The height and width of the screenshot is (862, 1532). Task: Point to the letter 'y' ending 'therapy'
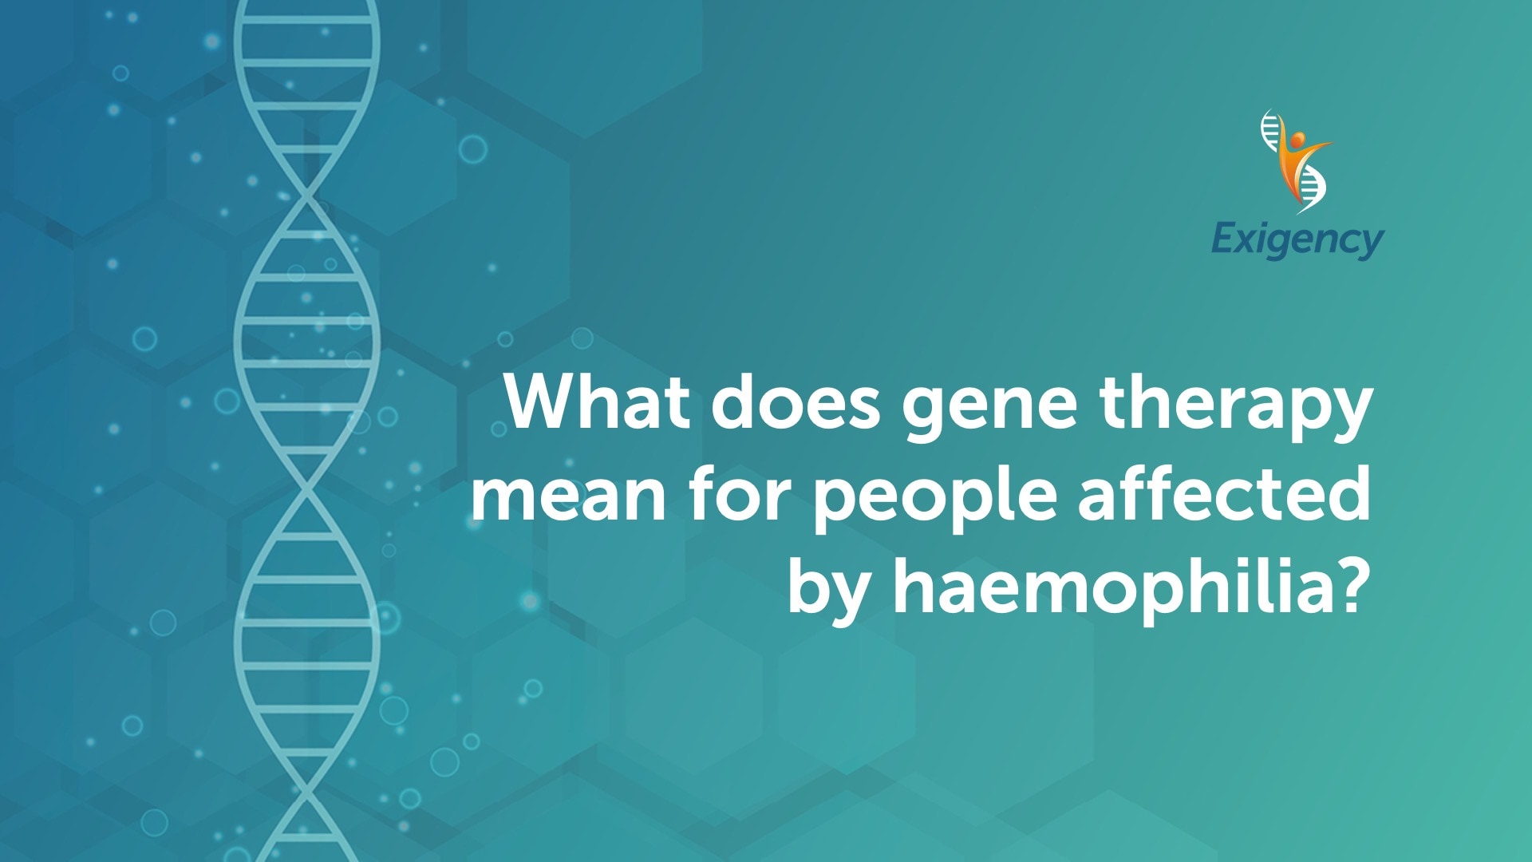tap(1349, 416)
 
